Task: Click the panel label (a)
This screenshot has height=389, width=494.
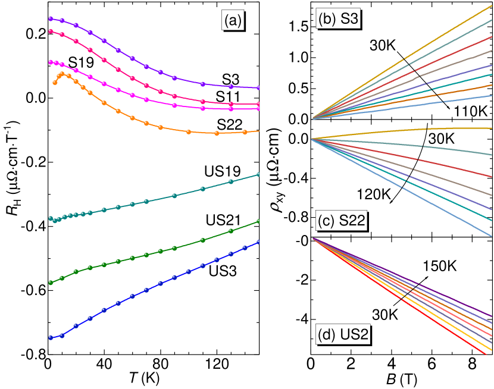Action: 232,21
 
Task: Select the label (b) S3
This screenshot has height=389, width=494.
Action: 338,18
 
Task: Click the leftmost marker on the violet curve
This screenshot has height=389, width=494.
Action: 51,18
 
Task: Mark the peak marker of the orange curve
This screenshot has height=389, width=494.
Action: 62,74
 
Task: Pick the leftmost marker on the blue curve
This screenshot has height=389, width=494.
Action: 51,338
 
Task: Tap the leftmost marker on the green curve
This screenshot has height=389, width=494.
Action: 51,283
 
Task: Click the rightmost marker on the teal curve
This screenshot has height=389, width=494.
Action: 258,174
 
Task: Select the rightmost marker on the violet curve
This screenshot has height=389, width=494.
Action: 258,87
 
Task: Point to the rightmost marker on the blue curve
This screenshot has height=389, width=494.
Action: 258,242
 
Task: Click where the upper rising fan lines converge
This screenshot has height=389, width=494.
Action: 313,118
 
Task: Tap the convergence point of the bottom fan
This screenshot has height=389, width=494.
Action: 313,239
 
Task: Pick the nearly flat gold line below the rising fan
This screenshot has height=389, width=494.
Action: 417,129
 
